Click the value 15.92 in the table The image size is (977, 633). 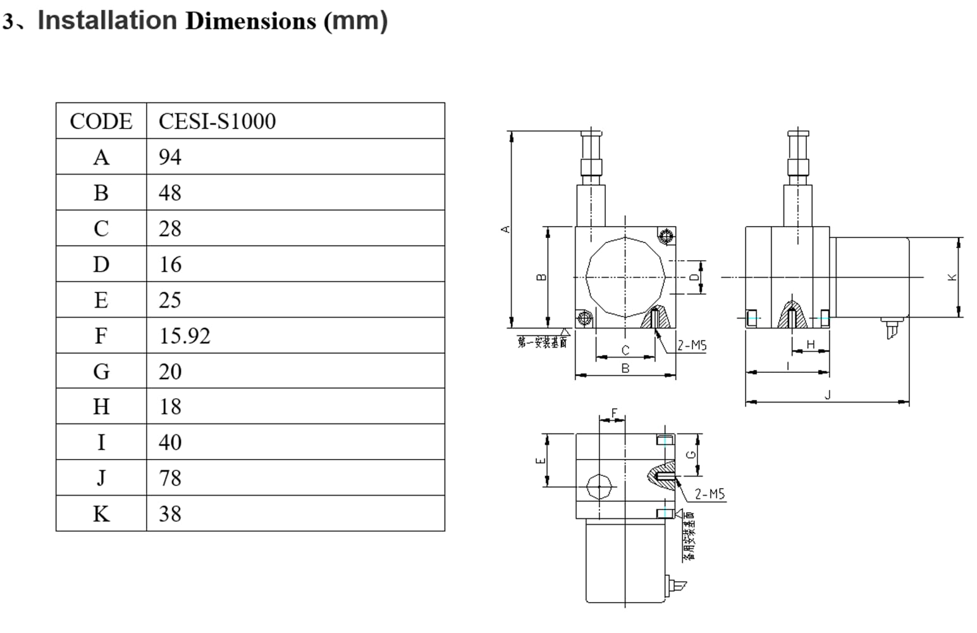pos(184,335)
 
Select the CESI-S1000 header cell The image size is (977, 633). pos(217,121)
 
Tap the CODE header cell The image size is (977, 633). pos(101,121)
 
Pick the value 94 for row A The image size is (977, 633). pos(169,157)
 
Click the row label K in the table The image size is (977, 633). pos(101,513)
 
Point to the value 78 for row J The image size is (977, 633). pos(169,478)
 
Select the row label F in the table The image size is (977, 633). pos(101,335)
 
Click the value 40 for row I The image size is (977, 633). pos(169,442)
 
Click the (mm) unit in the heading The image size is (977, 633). pos(355,20)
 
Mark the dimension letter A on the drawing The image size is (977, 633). pos(505,229)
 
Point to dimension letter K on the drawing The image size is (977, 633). pos(953,277)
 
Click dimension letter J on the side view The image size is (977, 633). pos(828,395)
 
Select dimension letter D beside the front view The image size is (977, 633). pos(694,277)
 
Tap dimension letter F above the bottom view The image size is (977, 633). pos(614,413)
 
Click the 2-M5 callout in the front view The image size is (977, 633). pos(692,346)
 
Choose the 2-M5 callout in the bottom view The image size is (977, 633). pos(710,494)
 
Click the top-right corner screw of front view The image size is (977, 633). pos(665,237)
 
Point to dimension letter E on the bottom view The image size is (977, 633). pos(540,460)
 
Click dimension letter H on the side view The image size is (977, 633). pos(811,344)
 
